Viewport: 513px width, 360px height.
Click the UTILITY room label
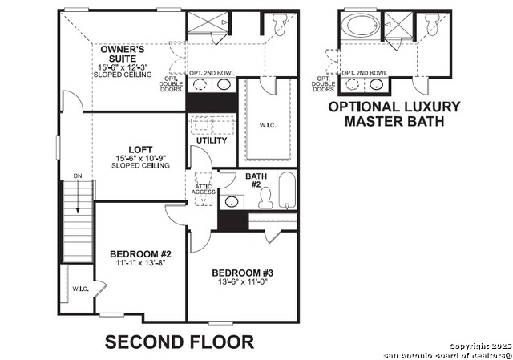212,140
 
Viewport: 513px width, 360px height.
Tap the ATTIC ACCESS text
202,190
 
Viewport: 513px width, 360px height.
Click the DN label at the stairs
77,176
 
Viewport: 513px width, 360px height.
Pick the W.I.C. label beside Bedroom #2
79,289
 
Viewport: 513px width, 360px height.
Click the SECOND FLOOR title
180,342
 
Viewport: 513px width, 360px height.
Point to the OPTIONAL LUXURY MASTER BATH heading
394,114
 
